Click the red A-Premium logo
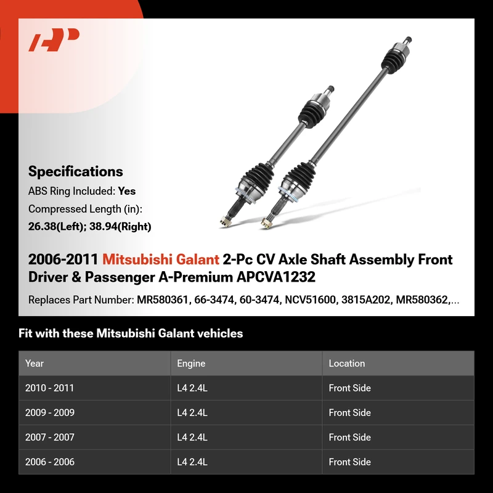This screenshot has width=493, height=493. [x=54, y=39]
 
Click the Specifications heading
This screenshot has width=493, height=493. [x=75, y=172]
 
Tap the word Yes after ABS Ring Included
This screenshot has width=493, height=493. [x=127, y=191]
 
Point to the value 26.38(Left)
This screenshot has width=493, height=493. [x=57, y=226]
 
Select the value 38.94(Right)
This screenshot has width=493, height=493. [x=120, y=226]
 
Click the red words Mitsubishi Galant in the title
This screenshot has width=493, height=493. [x=161, y=259]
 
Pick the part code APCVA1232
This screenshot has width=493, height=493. [x=275, y=277]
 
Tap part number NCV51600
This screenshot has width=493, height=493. [x=311, y=299]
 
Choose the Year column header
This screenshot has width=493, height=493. [x=35, y=364]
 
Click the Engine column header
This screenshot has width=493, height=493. [x=191, y=364]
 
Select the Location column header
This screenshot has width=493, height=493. [x=347, y=364]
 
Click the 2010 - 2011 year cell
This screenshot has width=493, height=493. [x=49, y=388]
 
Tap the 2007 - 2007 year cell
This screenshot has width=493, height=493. [x=50, y=438]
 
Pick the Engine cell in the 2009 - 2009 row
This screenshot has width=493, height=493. [x=192, y=412]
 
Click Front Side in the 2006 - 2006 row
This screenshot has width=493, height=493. [x=349, y=462]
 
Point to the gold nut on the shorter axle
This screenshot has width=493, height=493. [x=225, y=222]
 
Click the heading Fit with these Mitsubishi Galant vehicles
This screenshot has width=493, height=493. [x=131, y=333]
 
